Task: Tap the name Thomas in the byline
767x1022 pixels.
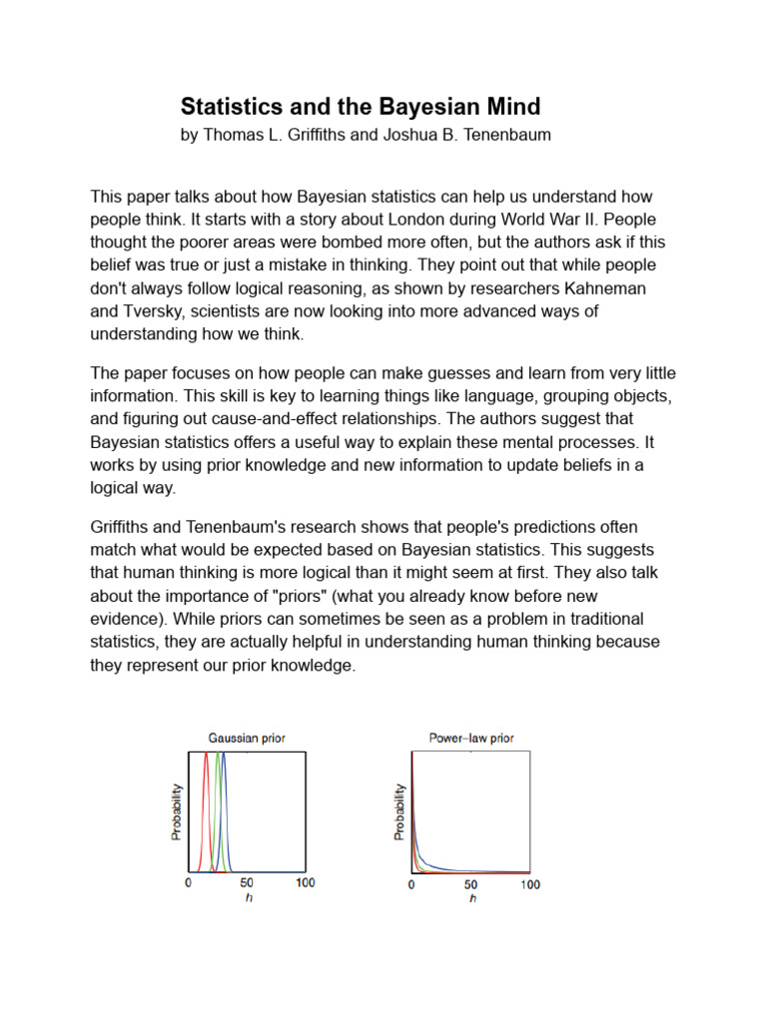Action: tap(232, 135)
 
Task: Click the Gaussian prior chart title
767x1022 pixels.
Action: tap(246, 739)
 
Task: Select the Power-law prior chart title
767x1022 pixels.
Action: tap(471, 739)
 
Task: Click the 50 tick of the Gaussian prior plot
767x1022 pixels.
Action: tap(246, 883)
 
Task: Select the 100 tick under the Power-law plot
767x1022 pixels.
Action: tap(529, 884)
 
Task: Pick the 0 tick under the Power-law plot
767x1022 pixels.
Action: tap(412, 884)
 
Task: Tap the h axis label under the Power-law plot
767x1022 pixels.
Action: tap(471, 899)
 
